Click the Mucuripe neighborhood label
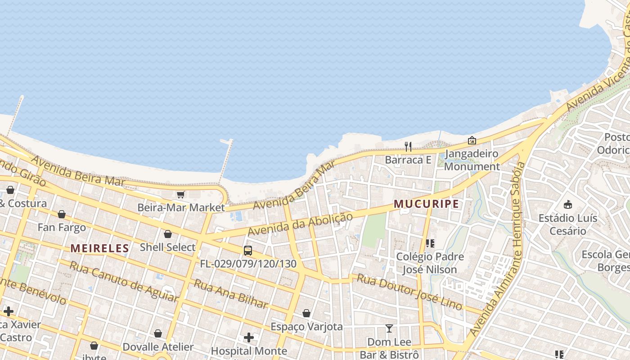[x=426, y=204]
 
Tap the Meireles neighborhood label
[x=100, y=248]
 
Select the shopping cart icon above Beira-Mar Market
[x=180, y=194]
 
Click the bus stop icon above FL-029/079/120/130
[x=247, y=251]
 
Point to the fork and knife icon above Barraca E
[x=408, y=146]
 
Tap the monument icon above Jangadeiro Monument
[x=472, y=140]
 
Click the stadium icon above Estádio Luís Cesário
[x=568, y=204]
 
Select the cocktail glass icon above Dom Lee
[x=389, y=328]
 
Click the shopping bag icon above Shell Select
[x=167, y=234]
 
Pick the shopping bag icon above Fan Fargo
[x=62, y=214]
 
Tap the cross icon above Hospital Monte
[x=248, y=337]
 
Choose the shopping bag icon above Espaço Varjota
[x=306, y=313]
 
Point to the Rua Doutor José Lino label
[x=409, y=291]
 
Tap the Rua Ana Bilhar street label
[x=231, y=293]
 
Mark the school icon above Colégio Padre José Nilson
[x=430, y=243]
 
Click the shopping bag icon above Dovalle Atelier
[x=158, y=333]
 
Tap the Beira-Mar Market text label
[x=181, y=207]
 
